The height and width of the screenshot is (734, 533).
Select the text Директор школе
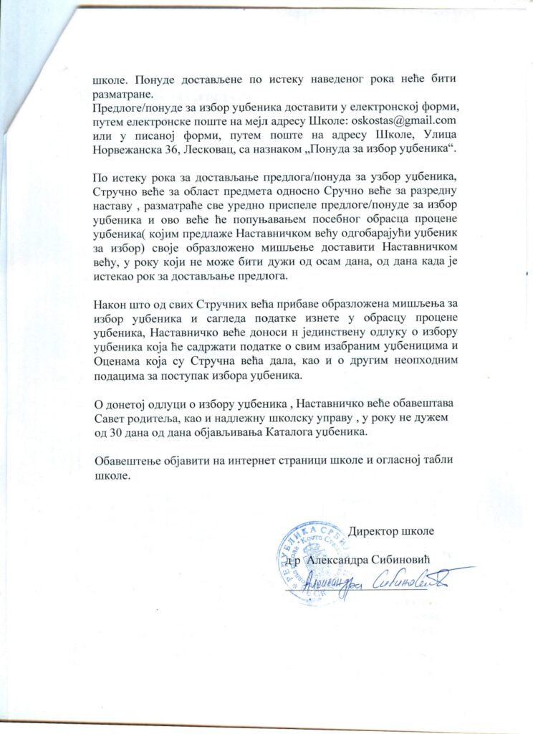(x=391, y=532)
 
